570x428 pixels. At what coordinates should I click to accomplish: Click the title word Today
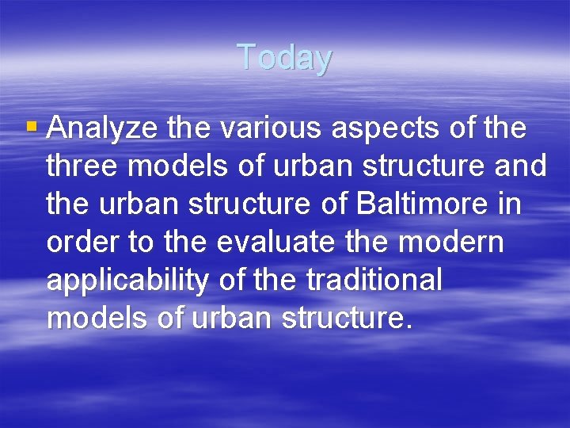pyautogui.click(x=284, y=58)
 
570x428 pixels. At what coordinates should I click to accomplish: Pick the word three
pyautogui.click(x=84, y=166)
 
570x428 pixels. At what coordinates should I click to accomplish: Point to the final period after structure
pyautogui.click(x=408, y=326)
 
